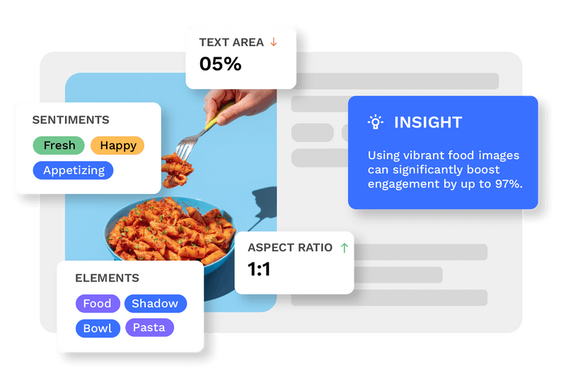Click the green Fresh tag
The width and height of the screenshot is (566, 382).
pos(59,146)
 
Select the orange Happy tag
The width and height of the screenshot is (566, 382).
pos(117,146)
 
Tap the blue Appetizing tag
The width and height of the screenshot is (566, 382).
pos(74,170)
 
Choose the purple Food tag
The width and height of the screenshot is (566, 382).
pos(97,303)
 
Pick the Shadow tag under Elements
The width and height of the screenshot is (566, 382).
pos(155,303)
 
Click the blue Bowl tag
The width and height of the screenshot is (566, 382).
pos(97,328)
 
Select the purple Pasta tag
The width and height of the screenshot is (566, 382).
pos(149,328)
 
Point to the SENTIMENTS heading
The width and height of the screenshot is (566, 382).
pos(71,120)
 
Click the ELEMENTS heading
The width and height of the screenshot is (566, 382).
pos(107,278)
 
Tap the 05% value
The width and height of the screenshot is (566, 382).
pos(220,64)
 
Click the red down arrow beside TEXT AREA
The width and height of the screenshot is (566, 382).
pos(274,42)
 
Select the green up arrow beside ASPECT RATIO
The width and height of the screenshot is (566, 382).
pos(345,248)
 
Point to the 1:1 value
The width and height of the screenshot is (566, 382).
pos(259,270)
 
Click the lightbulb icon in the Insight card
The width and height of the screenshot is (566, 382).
pos(375,122)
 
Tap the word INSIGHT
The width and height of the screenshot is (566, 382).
pos(427,122)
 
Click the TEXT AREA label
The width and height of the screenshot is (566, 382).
pos(231,42)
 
